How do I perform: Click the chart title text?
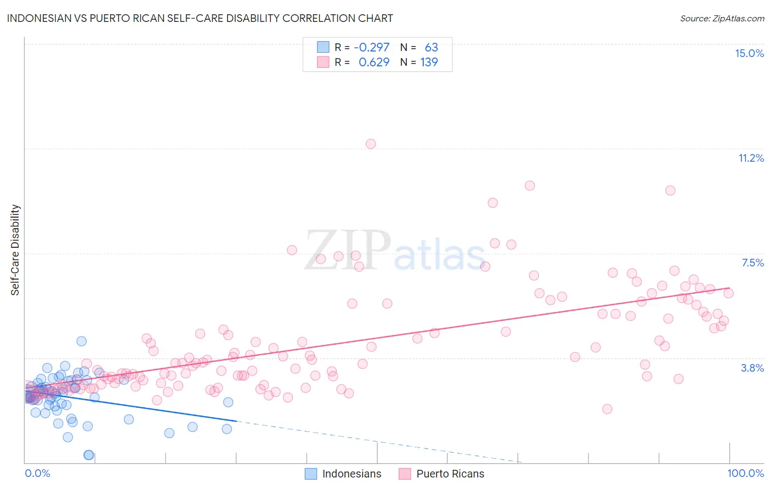(200, 18)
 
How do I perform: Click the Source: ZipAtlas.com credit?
(722, 18)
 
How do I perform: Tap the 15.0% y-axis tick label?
(749, 53)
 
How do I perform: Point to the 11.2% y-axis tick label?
(751, 158)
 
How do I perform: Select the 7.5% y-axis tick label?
(752, 263)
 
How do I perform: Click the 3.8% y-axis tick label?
(752, 368)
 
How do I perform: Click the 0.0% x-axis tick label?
(37, 473)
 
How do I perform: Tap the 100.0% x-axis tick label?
(745, 473)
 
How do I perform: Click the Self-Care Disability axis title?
(15, 250)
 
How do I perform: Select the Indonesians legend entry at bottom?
(343, 474)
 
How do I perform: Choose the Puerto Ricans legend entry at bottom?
(441, 474)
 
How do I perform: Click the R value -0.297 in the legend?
(371, 47)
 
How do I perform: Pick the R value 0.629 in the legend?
(374, 62)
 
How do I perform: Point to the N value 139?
(429, 62)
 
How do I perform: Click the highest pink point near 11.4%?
(371, 144)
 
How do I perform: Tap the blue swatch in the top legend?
(323, 47)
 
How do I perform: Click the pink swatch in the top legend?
(323, 62)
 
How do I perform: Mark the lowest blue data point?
(88, 455)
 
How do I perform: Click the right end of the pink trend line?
(729, 288)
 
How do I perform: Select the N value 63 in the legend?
(431, 47)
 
